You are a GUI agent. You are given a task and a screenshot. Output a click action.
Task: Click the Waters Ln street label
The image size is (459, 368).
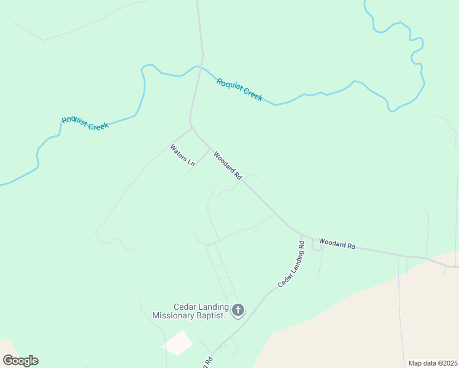[182, 155]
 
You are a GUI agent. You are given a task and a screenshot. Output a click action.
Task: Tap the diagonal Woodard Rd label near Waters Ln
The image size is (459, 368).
[228, 165]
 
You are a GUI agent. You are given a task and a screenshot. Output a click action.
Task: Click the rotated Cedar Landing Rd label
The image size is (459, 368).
[291, 264]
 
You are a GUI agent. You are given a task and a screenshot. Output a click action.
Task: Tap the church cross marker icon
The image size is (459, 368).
[238, 310]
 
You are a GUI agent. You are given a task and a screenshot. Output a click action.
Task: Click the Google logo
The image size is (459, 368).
[20, 361]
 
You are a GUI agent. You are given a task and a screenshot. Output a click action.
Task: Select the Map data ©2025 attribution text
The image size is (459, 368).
[433, 363]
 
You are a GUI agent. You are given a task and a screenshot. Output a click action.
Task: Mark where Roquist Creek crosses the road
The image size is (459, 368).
[198, 67]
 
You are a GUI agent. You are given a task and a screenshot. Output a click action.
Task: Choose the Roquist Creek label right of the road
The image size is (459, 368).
[239, 90]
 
